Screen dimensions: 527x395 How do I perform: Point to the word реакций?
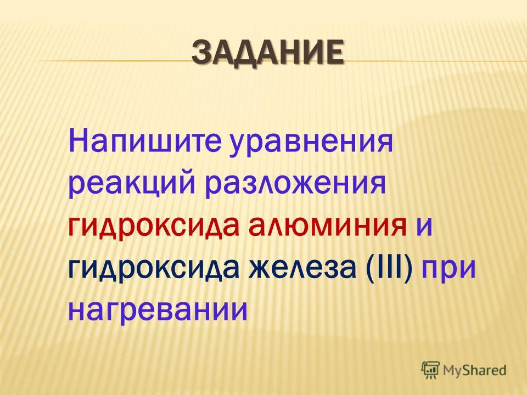coord(132,185)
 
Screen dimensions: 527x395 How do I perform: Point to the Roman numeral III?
coord(389,266)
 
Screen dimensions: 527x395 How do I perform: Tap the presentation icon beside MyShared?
coord(430,370)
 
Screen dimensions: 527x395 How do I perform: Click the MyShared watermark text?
coord(474,370)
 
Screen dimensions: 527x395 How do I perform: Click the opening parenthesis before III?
coord(368,268)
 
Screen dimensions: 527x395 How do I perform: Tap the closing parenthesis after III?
coord(408,268)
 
